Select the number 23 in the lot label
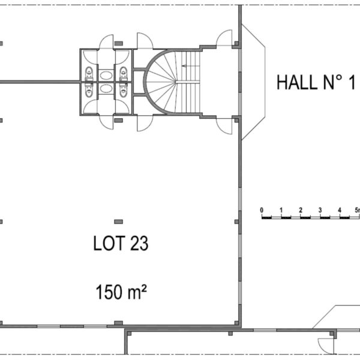click(139, 243)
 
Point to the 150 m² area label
click(121, 292)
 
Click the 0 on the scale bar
click(262, 210)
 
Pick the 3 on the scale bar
click(320, 210)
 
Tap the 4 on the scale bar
click(340, 210)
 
